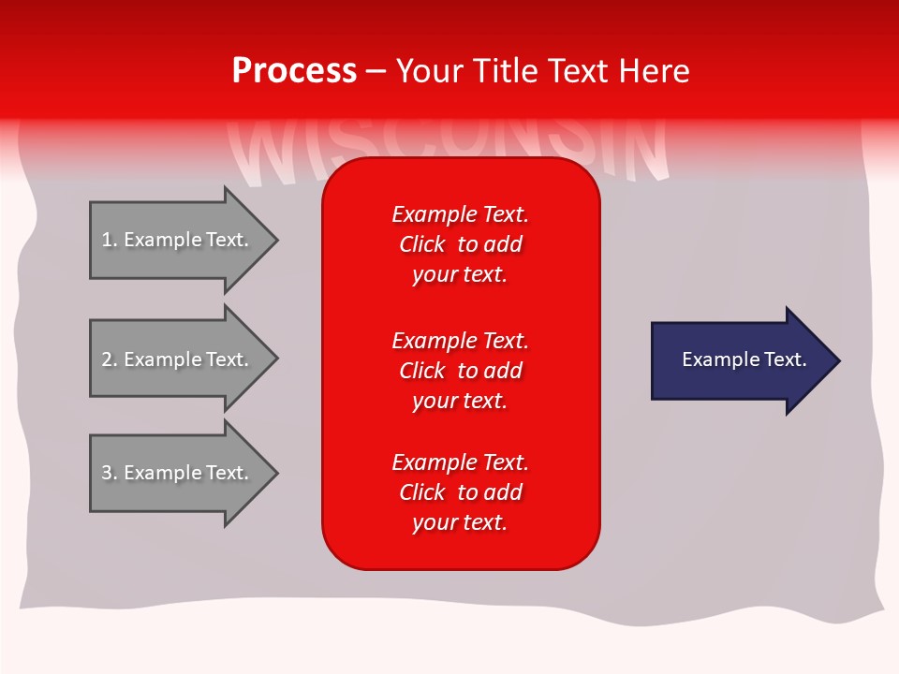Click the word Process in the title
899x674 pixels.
[294, 71]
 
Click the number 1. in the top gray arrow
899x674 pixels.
[109, 240]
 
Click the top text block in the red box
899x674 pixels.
[460, 244]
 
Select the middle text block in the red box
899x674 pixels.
[460, 371]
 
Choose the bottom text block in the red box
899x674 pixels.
[460, 492]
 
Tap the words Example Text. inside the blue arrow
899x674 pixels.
[744, 359]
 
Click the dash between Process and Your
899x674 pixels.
[376, 72]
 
